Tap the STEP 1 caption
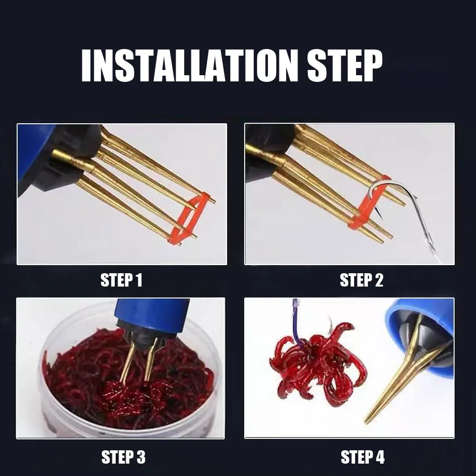pyautogui.click(x=121, y=280)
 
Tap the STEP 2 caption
pyautogui.click(x=361, y=280)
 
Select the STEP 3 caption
pyautogui.click(x=123, y=457)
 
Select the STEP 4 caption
pyautogui.click(x=362, y=457)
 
